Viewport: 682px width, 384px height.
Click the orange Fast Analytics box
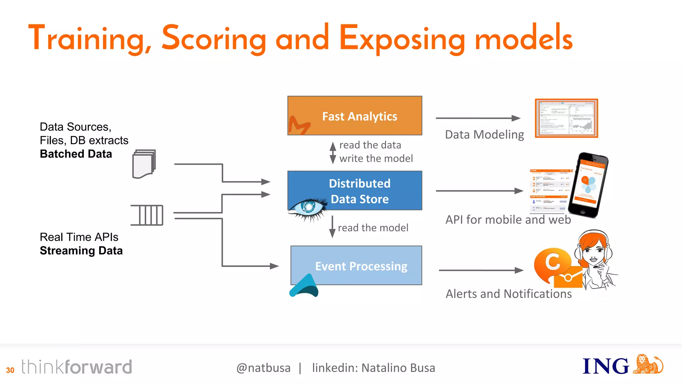pos(355,115)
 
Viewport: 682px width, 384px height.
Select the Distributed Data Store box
pos(355,190)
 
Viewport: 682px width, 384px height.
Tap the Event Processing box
pos(356,265)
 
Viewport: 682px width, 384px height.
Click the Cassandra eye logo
pos(308,208)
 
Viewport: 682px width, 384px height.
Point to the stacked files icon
pos(144,164)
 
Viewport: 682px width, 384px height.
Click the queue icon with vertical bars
pos(147,215)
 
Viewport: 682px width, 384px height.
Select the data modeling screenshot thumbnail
pos(566,118)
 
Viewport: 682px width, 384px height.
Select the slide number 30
pos(10,370)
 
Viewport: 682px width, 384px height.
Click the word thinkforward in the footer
pos(77,367)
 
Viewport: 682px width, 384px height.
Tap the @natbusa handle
pos(263,368)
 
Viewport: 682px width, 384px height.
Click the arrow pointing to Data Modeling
pos(478,118)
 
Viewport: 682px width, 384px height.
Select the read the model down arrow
pos(332,227)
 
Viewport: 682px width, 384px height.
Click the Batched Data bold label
pos(76,154)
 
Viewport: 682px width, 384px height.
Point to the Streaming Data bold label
pos(81,251)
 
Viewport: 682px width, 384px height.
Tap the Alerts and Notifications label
pos(509,294)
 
